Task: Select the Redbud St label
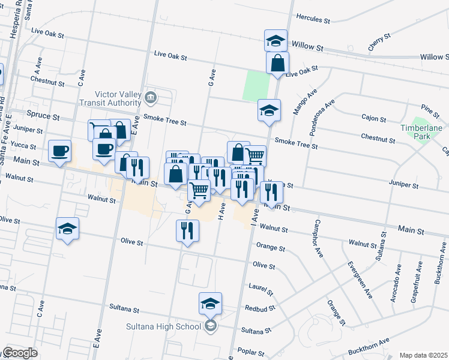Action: pyautogui.click(x=259, y=308)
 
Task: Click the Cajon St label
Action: pyautogui.click(x=373, y=119)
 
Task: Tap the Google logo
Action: pyautogui.click(x=20, y=353)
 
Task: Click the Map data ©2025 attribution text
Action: pyautogui.click(x=423, y=355)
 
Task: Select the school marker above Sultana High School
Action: pyautogui.click(x=211, y=304)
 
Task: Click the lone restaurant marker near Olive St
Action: pyautogui.click(x=187, y=230)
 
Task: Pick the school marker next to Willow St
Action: pyautogui.click(x=276, y=40)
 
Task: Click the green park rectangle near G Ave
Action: pyautogui.click(x=256, y=86)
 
